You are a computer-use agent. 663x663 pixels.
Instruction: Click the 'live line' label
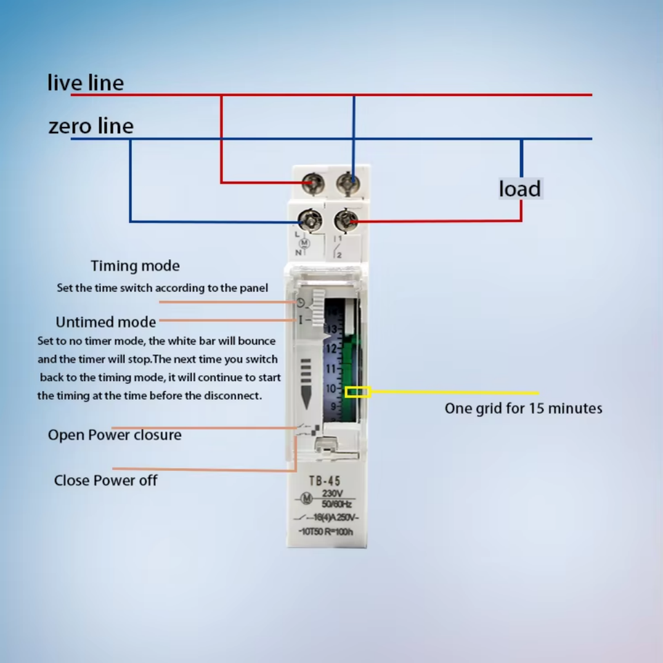(86, 83)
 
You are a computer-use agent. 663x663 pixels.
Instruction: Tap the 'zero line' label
(90, 126)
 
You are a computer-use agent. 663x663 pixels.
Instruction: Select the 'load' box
(520, 189)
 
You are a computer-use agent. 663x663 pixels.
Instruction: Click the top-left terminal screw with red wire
(314, 183)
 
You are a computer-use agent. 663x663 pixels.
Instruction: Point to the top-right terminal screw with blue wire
(347, 183)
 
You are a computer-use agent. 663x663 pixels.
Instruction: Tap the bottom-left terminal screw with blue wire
(309, 221)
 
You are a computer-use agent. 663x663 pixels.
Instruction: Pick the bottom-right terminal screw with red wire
(346, 221)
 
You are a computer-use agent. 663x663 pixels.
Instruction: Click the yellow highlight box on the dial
(358, 392)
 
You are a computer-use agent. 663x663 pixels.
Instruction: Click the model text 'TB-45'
(325, 481)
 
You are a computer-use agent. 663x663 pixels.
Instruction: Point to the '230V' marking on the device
(334, 494)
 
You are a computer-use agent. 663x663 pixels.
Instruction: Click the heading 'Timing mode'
(135, 266)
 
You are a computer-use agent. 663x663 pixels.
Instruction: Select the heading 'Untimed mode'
(106, 322)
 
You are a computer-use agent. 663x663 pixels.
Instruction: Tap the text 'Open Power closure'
(115, 435)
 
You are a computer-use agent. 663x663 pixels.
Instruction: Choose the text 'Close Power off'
(106, 480)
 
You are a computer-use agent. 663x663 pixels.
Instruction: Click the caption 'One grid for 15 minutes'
(523, 408)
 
